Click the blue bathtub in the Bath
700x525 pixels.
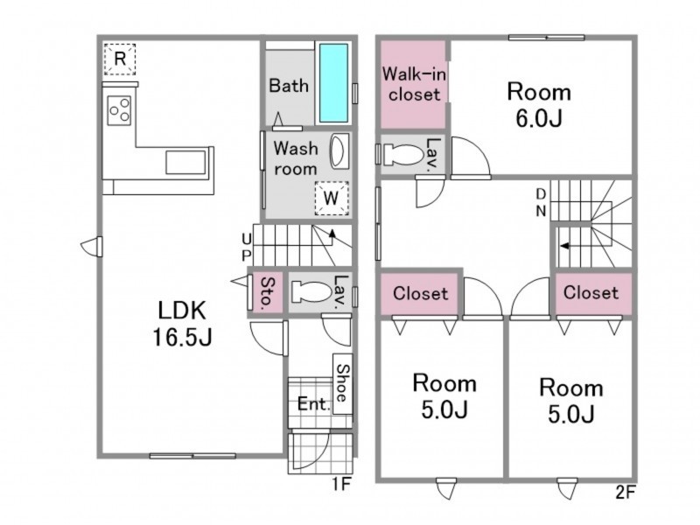(333, 82)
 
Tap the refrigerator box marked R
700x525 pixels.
(120, 59)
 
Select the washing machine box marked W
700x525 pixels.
(332, 198)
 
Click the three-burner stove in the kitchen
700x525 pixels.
(119, 110)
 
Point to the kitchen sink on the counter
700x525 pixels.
(185, 163)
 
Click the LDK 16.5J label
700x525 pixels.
(182, 323)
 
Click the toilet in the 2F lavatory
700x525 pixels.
(402, 155)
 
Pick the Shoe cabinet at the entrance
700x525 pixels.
(343, 384)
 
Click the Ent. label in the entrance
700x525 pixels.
(314, 404)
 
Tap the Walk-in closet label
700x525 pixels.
(414, 84)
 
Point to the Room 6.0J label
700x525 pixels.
(539, 104)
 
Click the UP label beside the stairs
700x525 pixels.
(247, 248)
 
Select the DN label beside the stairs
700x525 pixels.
(541, 202)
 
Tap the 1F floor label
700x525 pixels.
(342, 484)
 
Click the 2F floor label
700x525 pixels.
(625, 493)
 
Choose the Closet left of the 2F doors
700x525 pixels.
(420, 293)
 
